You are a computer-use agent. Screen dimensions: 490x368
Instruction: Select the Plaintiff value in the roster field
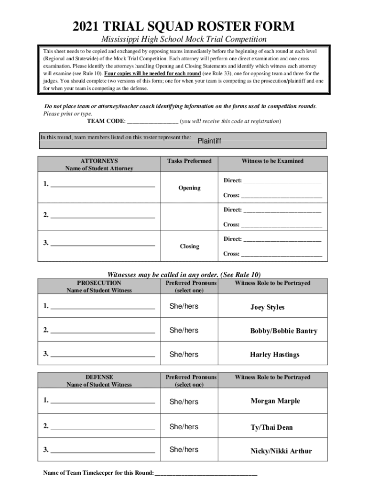[209, 141]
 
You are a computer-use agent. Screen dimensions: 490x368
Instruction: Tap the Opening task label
[189, 188]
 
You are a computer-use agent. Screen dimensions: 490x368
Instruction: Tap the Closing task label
[189, 246]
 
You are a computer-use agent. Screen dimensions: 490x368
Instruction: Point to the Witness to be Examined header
[272, 161]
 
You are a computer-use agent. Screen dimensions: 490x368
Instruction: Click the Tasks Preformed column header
[189, 161]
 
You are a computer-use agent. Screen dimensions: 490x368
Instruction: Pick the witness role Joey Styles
[267, 307]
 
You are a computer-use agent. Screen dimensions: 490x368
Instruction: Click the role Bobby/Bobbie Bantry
[283, 331]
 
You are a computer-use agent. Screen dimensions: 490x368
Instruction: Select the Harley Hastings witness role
[274, 355]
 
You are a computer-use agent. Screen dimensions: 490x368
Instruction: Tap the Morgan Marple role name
[275, 401]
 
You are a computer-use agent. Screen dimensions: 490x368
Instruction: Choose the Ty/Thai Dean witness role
[271, 427]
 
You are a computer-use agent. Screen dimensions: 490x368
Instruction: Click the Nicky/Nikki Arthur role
[281, 451]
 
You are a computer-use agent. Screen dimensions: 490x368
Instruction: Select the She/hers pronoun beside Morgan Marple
[184, 402]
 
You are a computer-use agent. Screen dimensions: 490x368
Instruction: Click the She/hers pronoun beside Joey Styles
[184, 306]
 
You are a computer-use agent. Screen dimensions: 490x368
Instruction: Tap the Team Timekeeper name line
[206, 474]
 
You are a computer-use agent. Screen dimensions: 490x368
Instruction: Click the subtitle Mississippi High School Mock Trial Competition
[184, 39]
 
